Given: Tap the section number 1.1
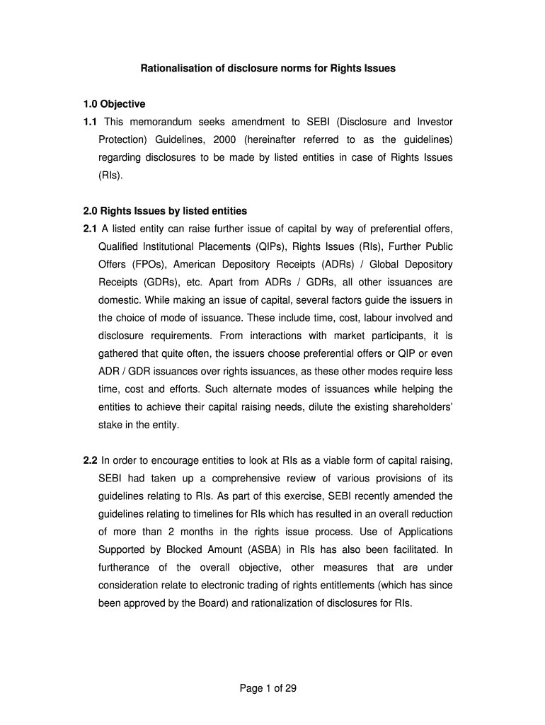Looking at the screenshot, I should point(90,122).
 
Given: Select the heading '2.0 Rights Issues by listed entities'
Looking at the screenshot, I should point(165,210).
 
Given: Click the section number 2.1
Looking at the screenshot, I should point(90,229).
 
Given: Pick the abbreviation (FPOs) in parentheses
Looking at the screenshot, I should point(145,264).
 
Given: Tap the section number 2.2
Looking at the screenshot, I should point(90,460).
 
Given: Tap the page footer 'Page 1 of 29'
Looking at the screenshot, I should point(272,687).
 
